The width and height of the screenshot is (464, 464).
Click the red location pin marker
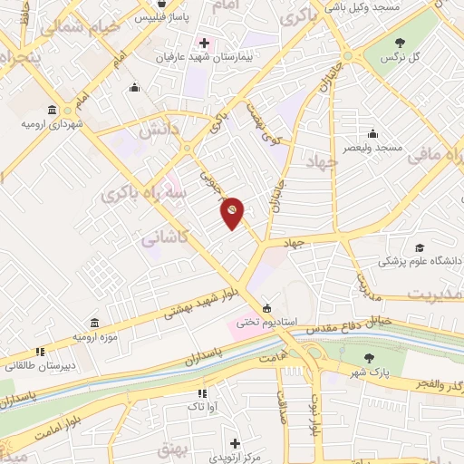pyautogui.click(x=233, y=212)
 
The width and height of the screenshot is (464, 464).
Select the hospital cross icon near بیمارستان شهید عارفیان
pyautogui.click(x=205, y=42)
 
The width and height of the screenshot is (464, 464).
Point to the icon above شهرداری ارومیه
pyautogui.click(x=55, y=109)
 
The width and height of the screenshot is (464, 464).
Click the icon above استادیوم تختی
pyautogui.click(x=266, y=306)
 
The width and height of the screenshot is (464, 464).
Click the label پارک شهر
pyautogui.click(x=392, y=373)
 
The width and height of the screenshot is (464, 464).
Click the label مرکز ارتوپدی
pyautogui.click(x=236, y=458)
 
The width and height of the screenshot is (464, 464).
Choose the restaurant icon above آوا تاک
pyautogui.click(x=203, y=393)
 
